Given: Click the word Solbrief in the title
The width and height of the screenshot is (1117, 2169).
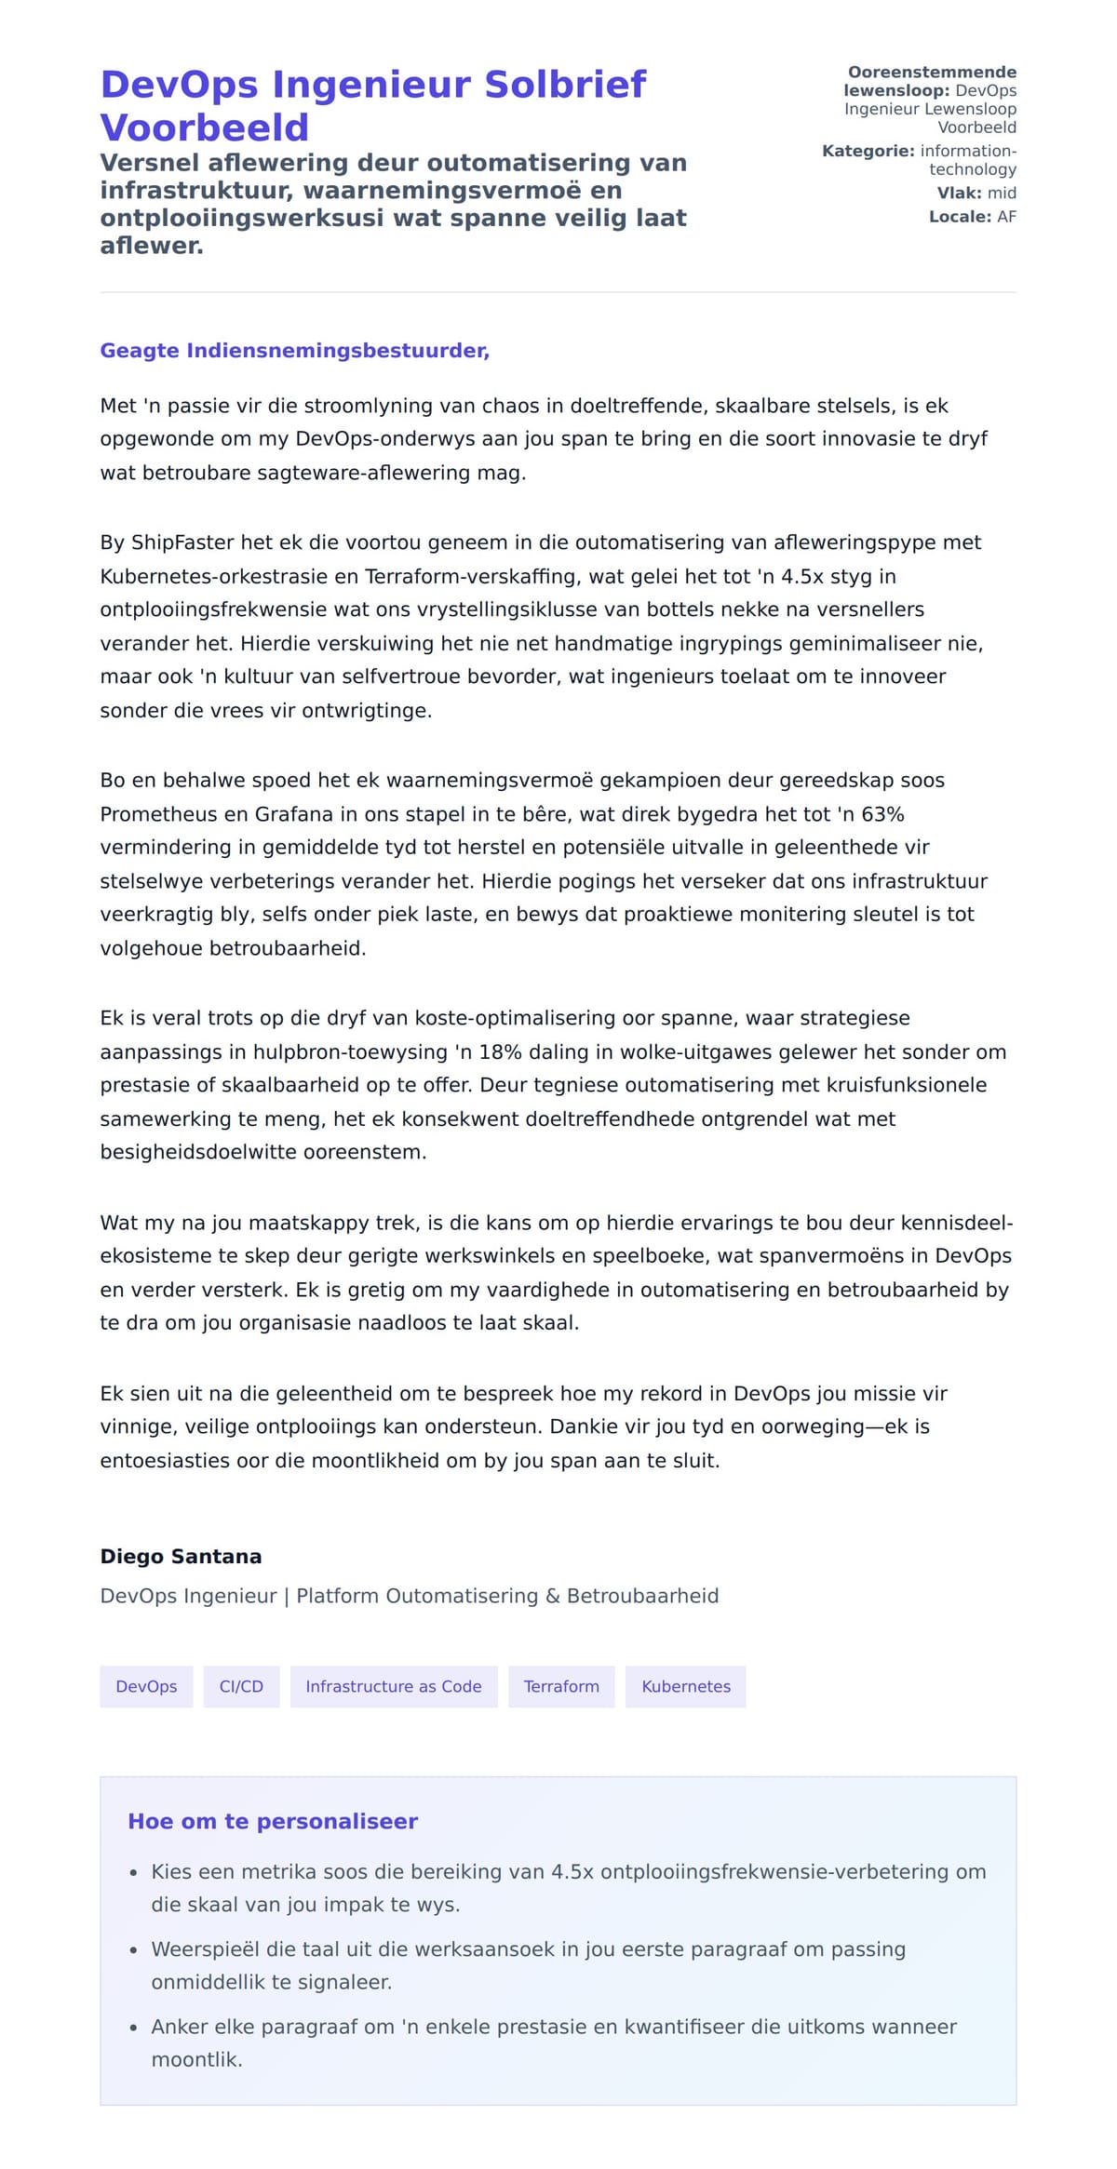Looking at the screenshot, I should point(565,85).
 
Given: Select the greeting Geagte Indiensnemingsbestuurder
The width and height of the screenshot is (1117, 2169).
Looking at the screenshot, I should point(294,351).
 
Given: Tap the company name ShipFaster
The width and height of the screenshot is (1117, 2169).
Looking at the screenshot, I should point(182,542).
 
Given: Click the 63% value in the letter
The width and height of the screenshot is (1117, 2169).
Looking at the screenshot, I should point(882,814).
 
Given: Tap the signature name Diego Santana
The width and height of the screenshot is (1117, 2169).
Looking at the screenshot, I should point(181,1557).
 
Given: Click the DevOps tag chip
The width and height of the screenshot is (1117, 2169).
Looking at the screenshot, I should point(146,1687).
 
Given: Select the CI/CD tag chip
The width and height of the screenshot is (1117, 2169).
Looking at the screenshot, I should point(241,1687).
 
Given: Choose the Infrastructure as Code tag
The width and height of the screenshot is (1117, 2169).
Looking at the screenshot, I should point(394,1687).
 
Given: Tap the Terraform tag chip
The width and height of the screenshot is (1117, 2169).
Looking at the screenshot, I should point(561,1687).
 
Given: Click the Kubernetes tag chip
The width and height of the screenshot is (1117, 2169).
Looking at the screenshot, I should point(686,1687).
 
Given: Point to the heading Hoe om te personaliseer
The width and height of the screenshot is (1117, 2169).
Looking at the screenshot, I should point(273,1822).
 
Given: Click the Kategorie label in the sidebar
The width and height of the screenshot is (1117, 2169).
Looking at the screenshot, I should point(868,151).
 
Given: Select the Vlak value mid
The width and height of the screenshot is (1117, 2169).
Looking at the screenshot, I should point(1002,193).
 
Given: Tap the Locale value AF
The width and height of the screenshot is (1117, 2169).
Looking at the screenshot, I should point(1006,217).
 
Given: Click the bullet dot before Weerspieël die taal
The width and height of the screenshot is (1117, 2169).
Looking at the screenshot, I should point(134,1950).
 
